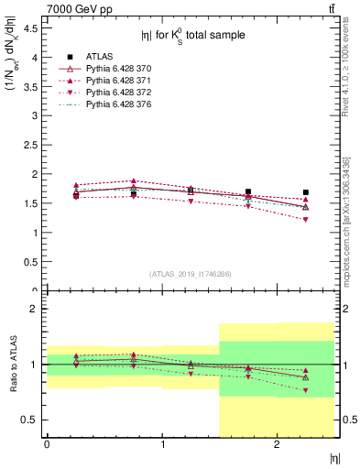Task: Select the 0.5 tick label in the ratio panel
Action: pyautogui.click(x=31, y=420)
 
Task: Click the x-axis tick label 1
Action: pyautogui.click(x=162, y=444)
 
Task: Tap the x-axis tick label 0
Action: pyautogui.click(x=47, y=444)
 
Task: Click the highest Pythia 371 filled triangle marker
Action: pyautogui.click(x=134, y=180)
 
